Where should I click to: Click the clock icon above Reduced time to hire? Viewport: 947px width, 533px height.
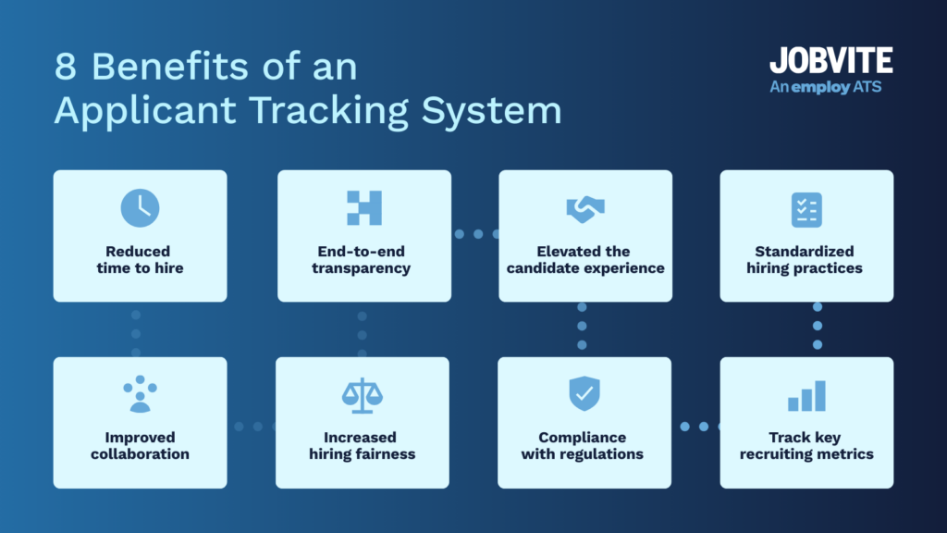click(140, 208)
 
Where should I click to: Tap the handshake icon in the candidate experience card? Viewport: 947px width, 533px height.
click(584, 209)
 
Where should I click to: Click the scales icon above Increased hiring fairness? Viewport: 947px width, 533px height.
click(362, 395)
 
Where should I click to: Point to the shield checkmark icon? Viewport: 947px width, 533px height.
click(584, 394)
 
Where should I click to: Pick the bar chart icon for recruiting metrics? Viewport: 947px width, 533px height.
click(806, 396)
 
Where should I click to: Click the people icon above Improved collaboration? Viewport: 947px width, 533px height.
click(140, 394)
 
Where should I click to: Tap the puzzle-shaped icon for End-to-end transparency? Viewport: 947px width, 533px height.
click(363, 208)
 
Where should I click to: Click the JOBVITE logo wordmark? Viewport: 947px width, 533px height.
click(830, 61)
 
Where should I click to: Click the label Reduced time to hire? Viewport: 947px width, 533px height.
click(140, 260)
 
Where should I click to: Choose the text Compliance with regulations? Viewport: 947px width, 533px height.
click(583, 445)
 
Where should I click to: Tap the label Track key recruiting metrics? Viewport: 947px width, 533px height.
click(806, 445)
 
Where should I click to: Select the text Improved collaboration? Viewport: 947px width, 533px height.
click(140, 445)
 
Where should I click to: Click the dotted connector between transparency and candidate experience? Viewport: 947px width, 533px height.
click(475, 234)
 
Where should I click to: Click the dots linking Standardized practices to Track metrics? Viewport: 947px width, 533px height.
click(818, 326)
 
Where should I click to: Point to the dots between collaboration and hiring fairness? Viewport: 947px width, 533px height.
click(251, 427)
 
